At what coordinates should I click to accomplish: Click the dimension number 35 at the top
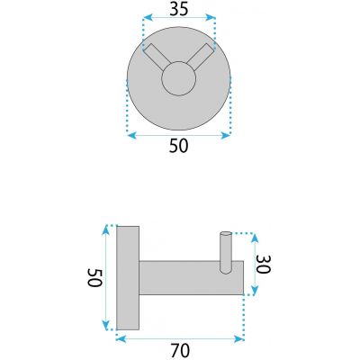179,10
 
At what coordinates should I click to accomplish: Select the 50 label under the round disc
179,146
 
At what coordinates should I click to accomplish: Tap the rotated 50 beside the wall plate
95,278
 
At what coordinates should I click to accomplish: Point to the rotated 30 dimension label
264,265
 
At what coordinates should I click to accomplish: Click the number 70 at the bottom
180,350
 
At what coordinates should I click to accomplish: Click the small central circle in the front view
179,78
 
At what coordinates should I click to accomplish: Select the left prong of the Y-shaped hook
157,57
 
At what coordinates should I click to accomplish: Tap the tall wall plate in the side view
128,278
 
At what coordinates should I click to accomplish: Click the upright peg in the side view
226,253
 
